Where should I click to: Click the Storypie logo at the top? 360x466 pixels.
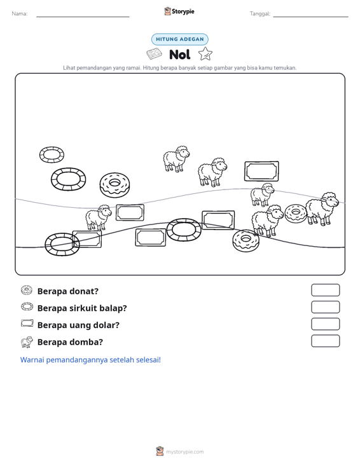point(179,11)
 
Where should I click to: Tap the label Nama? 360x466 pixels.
point(20,14)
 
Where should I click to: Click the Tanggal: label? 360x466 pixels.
point(260,14)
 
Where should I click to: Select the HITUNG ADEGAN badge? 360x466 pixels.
point(180,39)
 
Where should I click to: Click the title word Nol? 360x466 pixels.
point(180,55)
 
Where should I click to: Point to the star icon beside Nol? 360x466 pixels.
point(205,54)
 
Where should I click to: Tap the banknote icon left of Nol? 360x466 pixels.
point(155,54)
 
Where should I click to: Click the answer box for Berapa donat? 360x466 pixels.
point(326,290)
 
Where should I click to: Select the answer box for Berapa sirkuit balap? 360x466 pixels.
point(326,307)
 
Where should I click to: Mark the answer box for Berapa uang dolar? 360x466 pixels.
point(326,324)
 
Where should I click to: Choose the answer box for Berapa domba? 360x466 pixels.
point(326,341)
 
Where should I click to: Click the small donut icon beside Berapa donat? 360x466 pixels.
point(27,290)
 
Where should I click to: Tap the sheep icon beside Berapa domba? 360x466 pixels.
point(27,342)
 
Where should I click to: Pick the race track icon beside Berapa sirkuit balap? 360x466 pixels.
point(27,303)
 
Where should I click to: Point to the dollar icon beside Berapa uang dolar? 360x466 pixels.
point(27,324)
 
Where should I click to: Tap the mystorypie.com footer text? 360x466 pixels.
point(185,452)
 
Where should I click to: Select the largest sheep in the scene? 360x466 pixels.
point(322,209)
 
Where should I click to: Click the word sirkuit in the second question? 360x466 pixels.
point(81,308)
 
